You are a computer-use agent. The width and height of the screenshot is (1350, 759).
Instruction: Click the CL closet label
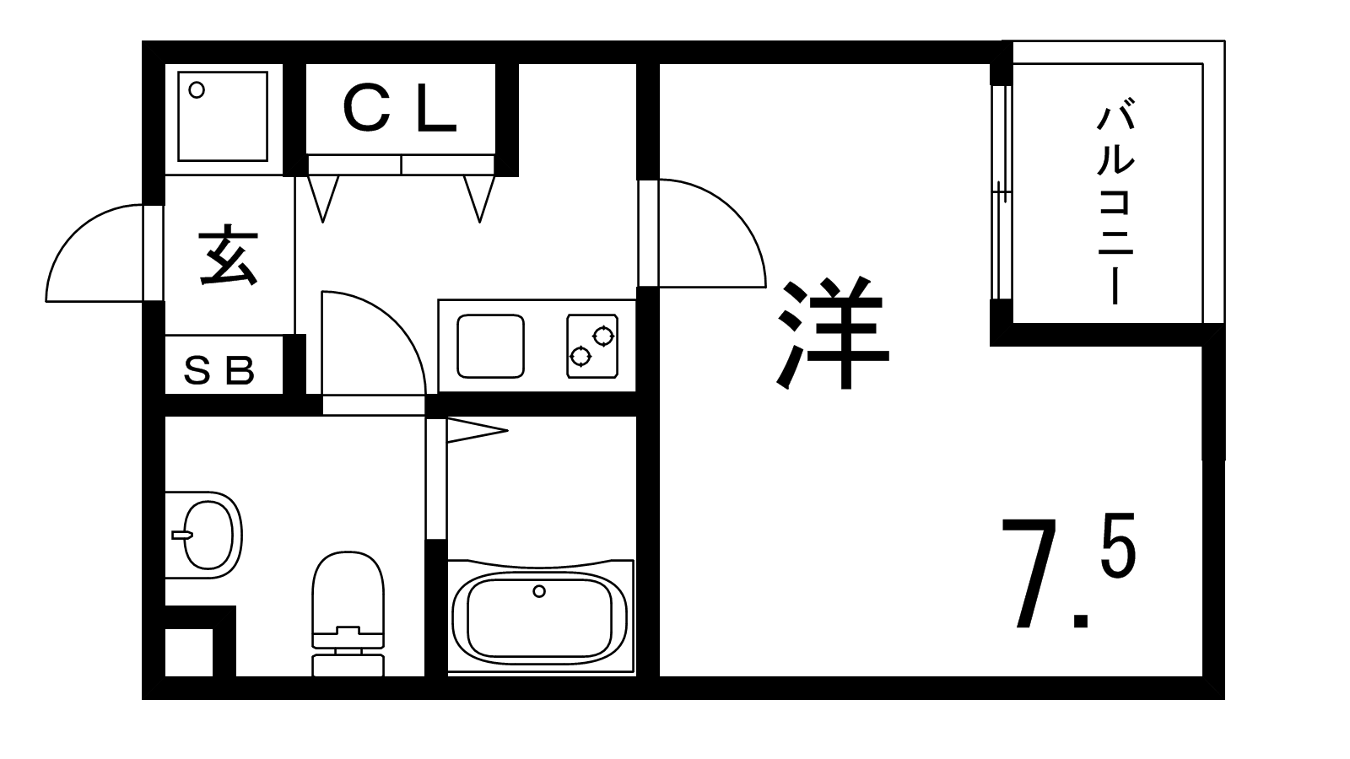[400, 110]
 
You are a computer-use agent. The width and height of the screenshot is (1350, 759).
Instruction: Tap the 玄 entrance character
[229, 255]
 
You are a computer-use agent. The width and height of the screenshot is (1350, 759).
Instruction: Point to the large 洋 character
[832, 332]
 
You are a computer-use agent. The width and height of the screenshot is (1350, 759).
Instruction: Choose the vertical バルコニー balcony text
[1115, 205]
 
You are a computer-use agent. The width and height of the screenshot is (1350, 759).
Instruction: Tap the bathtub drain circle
[539, 591]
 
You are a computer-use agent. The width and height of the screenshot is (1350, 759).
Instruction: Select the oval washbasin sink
[205, 535]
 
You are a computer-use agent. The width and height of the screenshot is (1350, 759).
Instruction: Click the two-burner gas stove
[592, 346]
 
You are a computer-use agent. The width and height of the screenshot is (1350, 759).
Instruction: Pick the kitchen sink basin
[490, 347]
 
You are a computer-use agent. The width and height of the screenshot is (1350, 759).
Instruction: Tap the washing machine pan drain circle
[197, 90]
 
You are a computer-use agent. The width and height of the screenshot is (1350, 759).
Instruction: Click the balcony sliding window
[1001, 193]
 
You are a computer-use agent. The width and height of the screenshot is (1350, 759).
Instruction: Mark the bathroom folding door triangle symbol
[477, 431]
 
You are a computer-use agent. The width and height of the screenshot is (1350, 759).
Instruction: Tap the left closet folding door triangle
[323, 199]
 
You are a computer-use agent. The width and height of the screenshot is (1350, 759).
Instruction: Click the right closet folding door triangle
[480, 199]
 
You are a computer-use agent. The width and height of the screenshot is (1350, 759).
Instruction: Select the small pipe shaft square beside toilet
[189, 653]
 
